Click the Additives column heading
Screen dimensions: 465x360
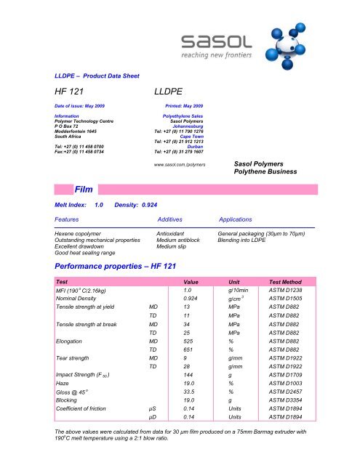pyautogui.click(x=175, y=218)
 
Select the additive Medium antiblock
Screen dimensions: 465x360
pyautogui.click(x=183, y=240)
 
